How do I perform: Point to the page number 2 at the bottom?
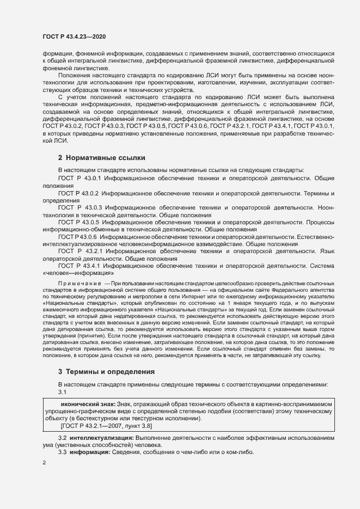[x=44, y=463]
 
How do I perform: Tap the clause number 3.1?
[x=62, y=392]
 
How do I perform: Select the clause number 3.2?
[x=62, y=437]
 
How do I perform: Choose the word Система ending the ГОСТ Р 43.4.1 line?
[x=321, y=266]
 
